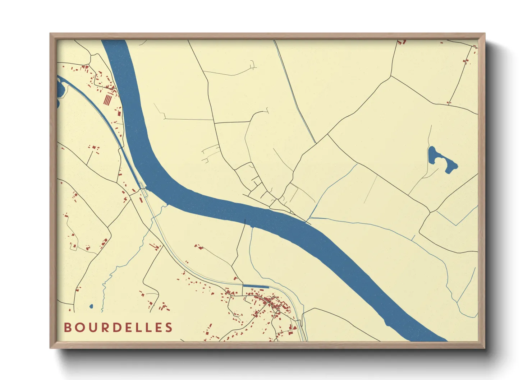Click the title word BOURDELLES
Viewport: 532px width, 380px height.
(118, 328)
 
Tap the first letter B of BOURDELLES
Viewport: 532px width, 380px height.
(67, 328)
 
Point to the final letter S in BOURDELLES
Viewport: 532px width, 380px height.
(169, 328)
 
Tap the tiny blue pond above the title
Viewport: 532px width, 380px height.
(91, 306)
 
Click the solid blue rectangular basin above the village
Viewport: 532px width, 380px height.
(256, 286)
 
